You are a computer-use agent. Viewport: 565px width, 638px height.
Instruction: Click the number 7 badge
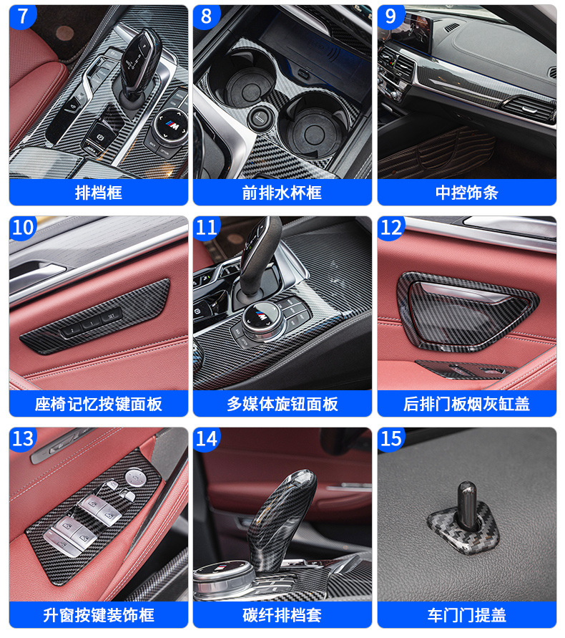tap(22, 16)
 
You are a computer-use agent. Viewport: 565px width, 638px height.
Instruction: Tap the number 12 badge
tap(390, 228)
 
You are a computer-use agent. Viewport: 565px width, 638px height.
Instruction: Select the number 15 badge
tap(390, 439)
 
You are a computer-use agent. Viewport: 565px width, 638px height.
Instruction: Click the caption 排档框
tap(99, 193)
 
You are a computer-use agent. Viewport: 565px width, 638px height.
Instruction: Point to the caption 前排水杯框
tap(282, 193)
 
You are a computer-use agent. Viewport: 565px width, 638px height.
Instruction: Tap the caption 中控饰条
tap(466, 193)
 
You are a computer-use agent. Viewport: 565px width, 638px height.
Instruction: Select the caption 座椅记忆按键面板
tap(99, 404)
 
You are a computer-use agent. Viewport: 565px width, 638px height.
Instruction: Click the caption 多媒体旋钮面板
tap(282, 404)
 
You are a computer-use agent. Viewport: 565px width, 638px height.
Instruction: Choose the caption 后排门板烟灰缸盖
tap(466, 404)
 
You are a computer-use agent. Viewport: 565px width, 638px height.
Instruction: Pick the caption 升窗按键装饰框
tap(99, 615)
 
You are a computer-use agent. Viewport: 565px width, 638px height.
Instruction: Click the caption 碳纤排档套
tap(282, 615)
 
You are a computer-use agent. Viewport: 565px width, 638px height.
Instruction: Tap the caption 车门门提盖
tap(466, 615)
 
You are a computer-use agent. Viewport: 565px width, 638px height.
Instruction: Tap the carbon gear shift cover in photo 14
tap(280, 517)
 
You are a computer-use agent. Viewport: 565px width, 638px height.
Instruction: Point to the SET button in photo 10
tap(112, 316)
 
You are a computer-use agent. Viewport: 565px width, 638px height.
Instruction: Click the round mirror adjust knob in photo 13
tap(135, 478)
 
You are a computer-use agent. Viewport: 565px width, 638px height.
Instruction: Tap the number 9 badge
tap(390, 16)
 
